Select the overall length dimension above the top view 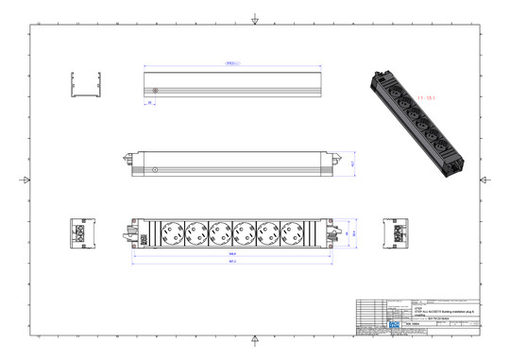[231, 64]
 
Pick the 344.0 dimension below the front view [231, 254]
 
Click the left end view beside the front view [79, 232]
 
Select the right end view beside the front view [395, 232]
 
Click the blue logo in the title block [396, 323]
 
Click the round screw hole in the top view [154, 91]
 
